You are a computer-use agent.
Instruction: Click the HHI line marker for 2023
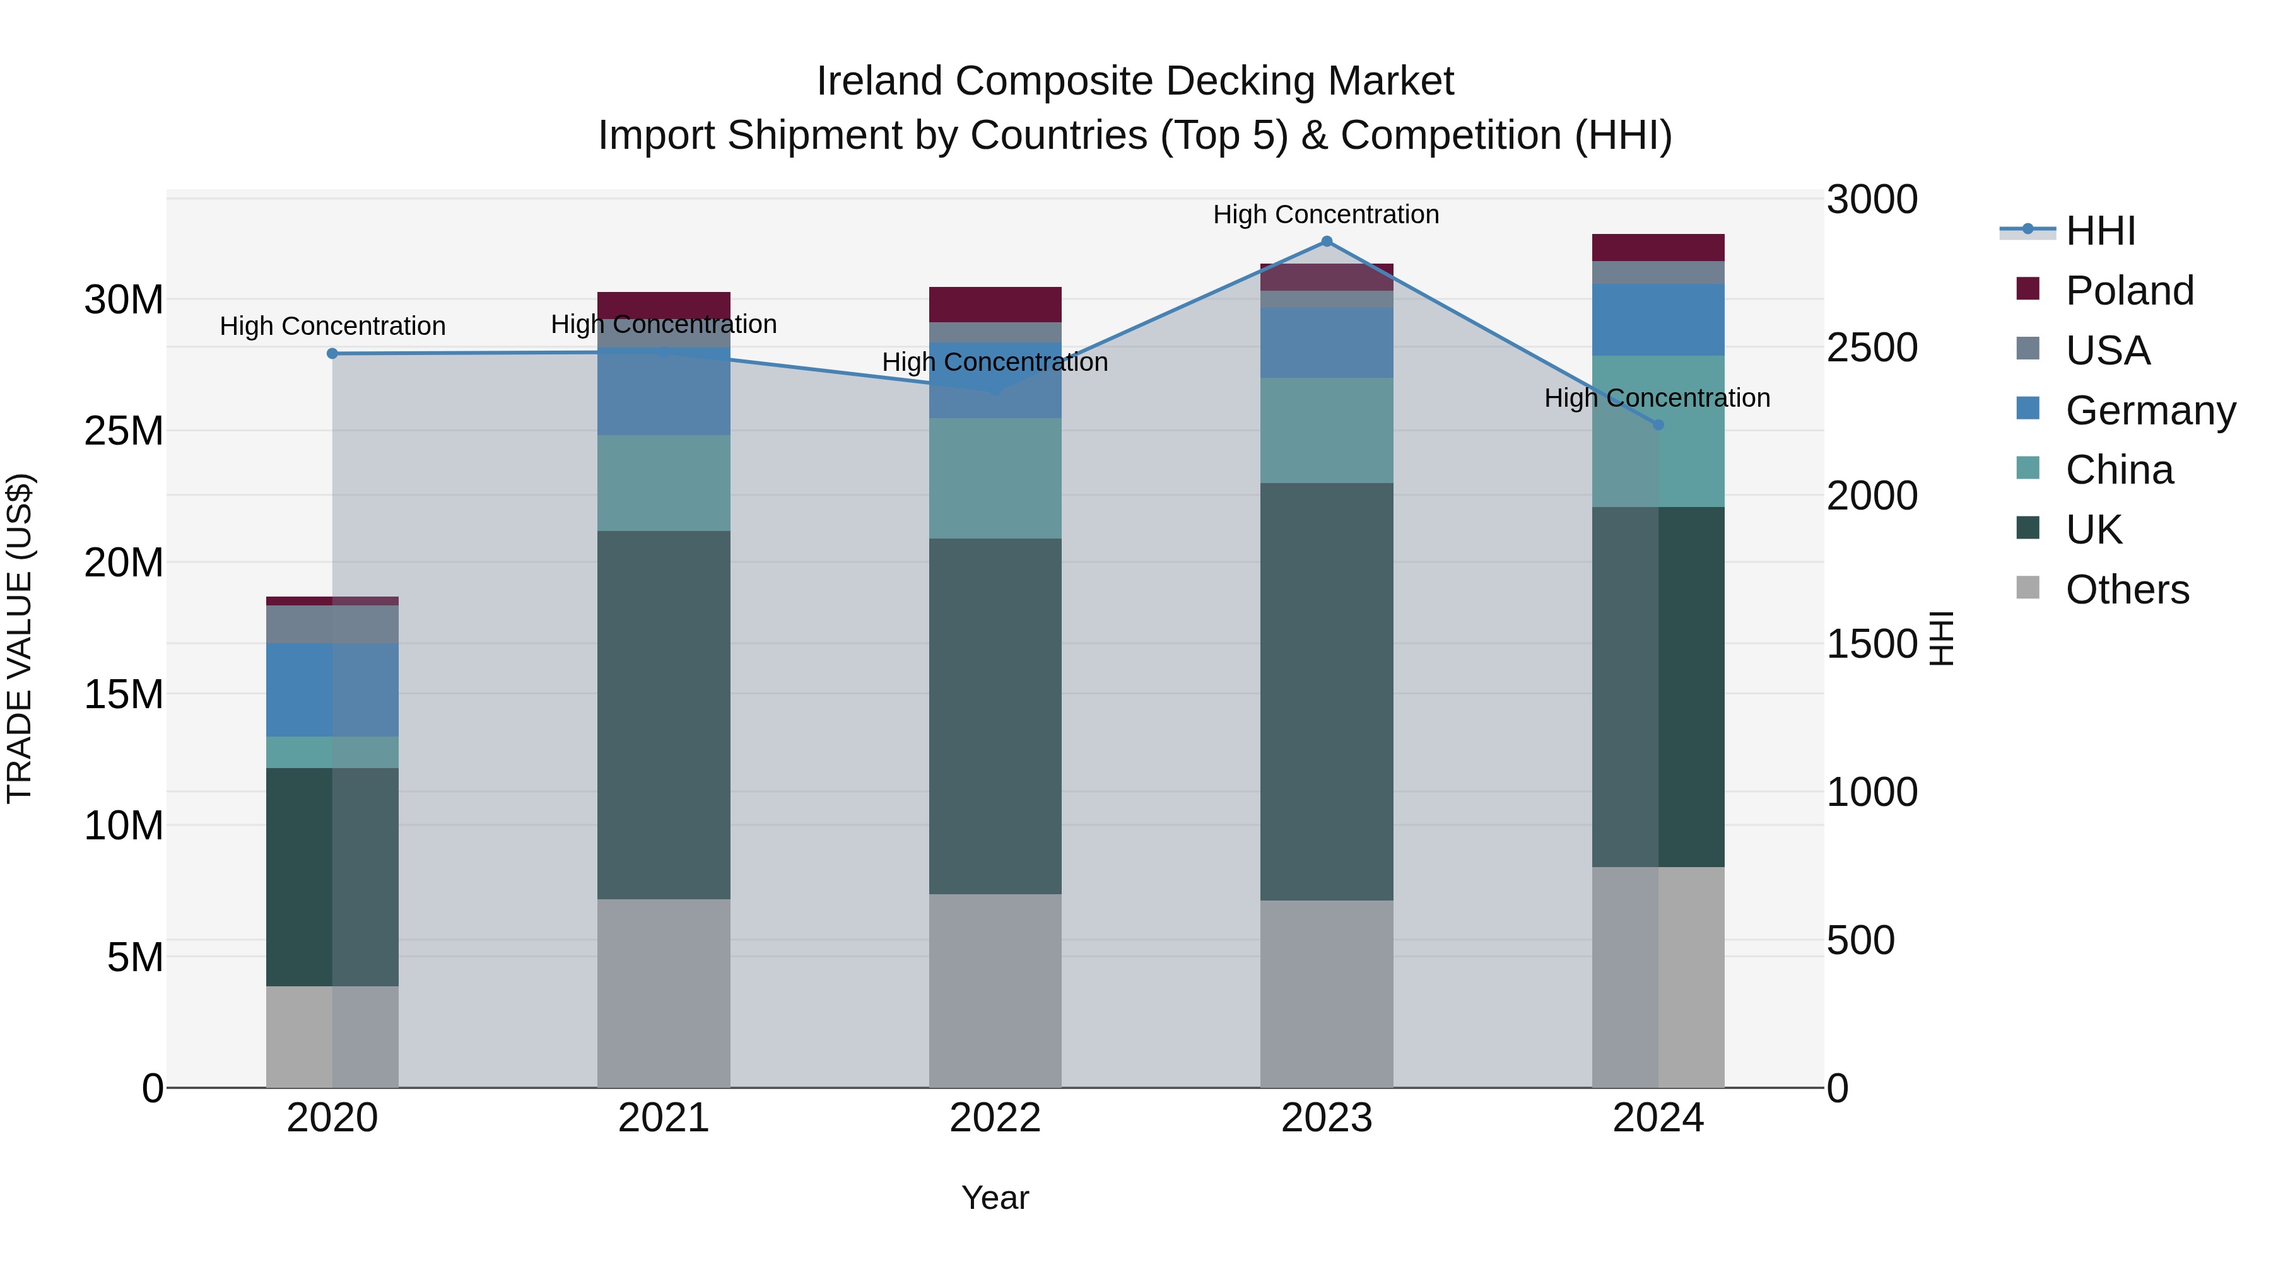(1326, 242)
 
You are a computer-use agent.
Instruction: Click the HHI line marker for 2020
(332, 353)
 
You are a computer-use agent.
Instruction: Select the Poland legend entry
(2128, 291)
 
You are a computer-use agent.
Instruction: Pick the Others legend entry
(2127, 590)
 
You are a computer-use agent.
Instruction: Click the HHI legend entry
(2100, 231)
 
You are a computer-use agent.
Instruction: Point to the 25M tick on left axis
(124, 431)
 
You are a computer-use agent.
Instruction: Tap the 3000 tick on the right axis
(1871, 199)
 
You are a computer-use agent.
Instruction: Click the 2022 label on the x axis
(995, 1118)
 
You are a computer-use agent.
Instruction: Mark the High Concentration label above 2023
(1326, 214)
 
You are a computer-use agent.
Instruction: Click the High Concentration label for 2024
(1657, 399)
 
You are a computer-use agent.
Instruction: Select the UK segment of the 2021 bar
(664, 714)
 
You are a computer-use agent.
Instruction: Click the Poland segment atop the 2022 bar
(995, 304)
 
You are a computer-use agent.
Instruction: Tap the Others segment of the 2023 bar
(1326, 993)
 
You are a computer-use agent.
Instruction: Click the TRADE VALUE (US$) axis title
(20, 638)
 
